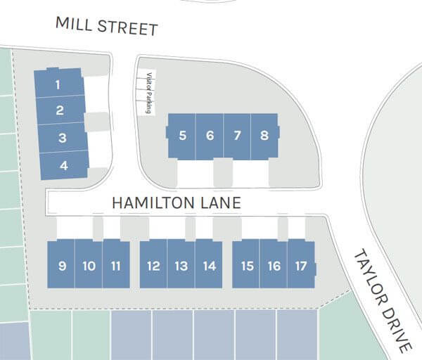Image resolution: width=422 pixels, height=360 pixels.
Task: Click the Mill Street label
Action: [x=107, y=27]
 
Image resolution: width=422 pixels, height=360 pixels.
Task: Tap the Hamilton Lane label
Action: [x=177, y=203]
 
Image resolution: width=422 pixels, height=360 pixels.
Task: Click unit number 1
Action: [x=58, y=85]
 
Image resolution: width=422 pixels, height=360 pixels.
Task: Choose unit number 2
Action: [x=60, y=110]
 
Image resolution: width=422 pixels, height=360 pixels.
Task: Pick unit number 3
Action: [x=62, y=138]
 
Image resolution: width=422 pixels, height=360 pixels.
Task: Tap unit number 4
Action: [x=64, y=166]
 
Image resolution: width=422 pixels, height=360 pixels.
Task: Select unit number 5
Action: [x=182, y=136]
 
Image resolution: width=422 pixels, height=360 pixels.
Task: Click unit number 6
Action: [x=210, y=136]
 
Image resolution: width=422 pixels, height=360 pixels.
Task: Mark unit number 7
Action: [x=237, y=136]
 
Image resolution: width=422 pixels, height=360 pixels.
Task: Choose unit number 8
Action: [x=264, y=136]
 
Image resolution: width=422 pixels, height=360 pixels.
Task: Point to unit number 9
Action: [x=63, y=266]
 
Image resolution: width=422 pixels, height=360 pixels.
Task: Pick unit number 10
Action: [x=89, y=266]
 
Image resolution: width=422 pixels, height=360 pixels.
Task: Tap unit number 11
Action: [x=116, y=266]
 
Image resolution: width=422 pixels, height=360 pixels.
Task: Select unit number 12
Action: [x=153, y=266]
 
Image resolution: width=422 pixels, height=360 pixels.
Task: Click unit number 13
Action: [x=181, y=266]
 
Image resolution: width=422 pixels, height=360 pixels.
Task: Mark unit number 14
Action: [x=209, y=266]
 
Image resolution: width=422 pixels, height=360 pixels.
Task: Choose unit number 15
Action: [x=247, y=266]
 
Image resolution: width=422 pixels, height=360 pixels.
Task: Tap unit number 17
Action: [x=301, y=266]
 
